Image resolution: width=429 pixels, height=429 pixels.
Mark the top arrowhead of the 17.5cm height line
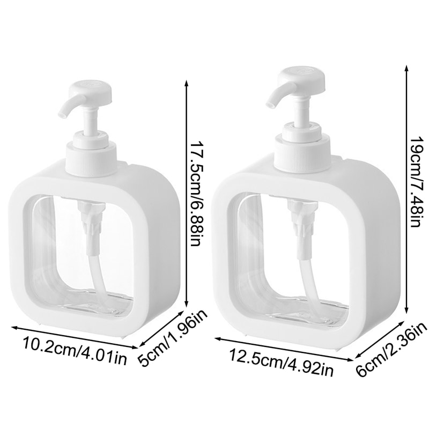tap(187, 82)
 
